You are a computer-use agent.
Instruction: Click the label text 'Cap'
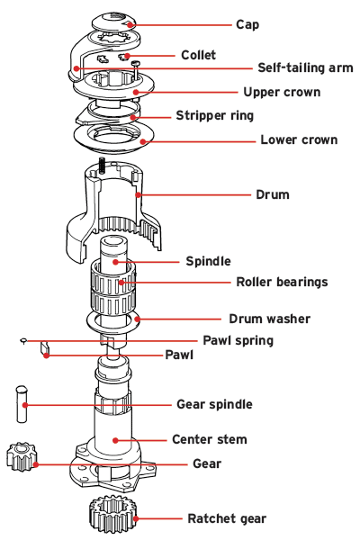pos(247,24)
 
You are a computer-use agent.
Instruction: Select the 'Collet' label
pos(198,55)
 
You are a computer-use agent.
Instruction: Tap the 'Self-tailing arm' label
pos(305,68)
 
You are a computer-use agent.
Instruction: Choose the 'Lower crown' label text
pos(299,139)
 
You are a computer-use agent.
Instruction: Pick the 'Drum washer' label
pos(269,319)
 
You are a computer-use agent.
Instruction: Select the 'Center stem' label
pos(209,439)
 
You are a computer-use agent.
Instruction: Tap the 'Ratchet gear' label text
pos(227,518)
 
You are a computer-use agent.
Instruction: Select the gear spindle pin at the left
pos(21,403)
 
